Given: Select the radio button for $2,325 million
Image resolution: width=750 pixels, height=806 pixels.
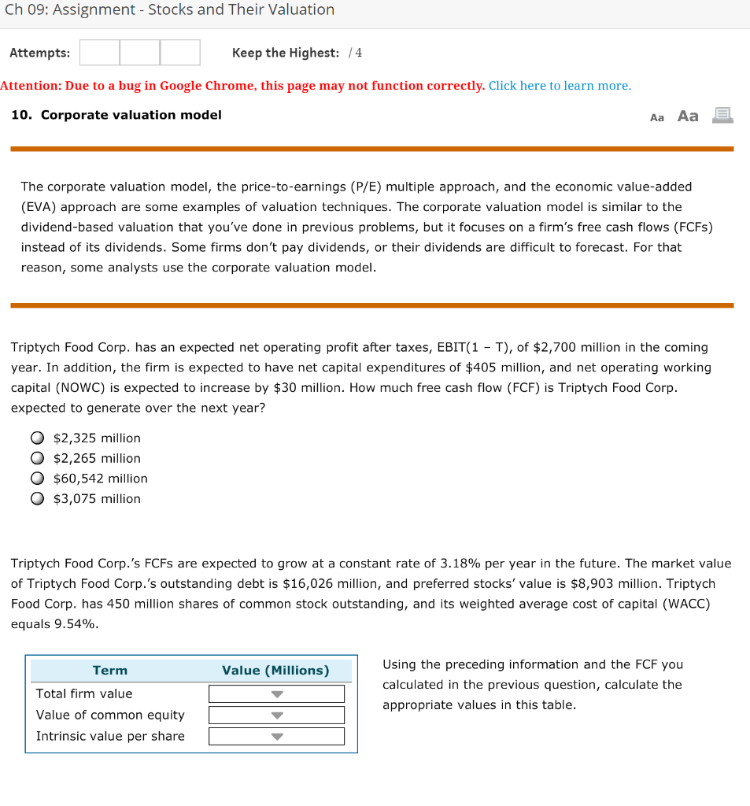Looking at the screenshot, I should pos(37,438).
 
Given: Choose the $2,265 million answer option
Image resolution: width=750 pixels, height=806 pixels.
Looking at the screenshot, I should pos(37,458).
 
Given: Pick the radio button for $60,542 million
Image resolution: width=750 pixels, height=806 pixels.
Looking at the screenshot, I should pos(37,479).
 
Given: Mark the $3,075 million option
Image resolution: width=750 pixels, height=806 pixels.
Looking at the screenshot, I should pos(37,498).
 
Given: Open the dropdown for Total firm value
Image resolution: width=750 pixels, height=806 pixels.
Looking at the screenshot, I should pos(276,694).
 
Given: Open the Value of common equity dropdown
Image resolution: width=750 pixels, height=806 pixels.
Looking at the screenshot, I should pos(276,715).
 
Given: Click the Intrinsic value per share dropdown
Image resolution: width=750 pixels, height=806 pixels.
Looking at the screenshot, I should pos(276,737).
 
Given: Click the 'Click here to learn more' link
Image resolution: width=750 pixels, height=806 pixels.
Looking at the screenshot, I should pos(560,86).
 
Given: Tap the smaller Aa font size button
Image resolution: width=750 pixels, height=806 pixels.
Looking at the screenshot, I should pos(657,117).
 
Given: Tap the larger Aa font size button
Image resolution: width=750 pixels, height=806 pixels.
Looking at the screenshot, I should pos(688,116).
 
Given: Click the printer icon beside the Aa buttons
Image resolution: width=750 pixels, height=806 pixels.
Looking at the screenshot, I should pos(722,116).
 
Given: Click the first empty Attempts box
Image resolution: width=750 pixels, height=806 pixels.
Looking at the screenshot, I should pos(99,53).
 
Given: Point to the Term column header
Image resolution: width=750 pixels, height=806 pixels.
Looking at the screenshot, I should pos(110,671).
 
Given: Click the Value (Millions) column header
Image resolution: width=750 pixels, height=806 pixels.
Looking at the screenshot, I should pos(275,671).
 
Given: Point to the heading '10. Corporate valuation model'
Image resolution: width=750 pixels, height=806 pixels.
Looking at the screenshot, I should pos(116,115).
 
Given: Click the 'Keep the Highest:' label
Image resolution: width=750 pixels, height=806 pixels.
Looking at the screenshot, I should pos(286,53).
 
